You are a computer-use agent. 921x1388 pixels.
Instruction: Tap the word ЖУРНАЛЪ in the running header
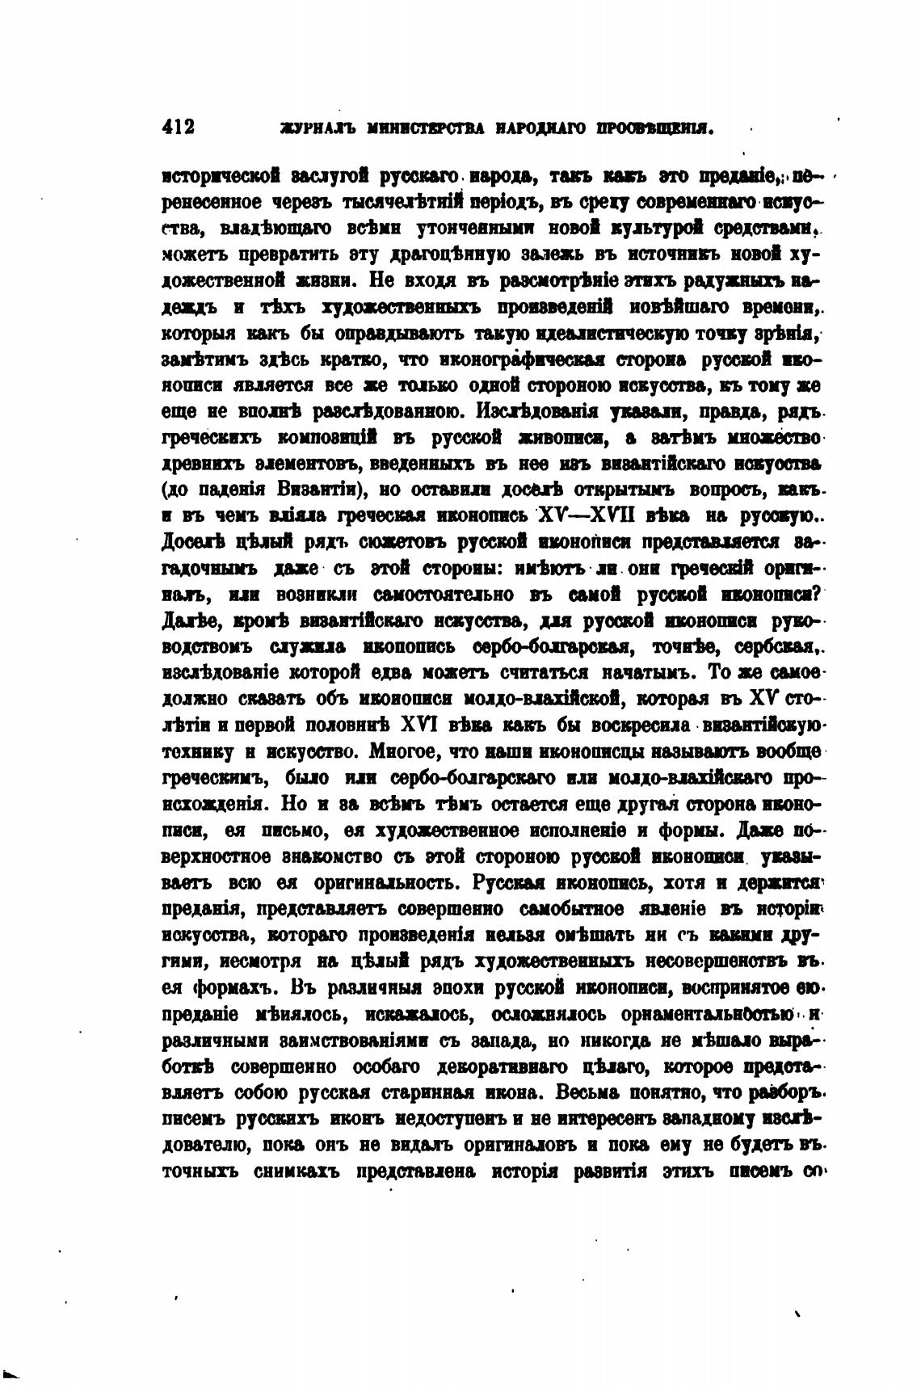pyautogui.click(x=308, y=128)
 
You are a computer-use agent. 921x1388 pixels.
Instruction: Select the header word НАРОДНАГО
pyautogui.click(x=540, y=128)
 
